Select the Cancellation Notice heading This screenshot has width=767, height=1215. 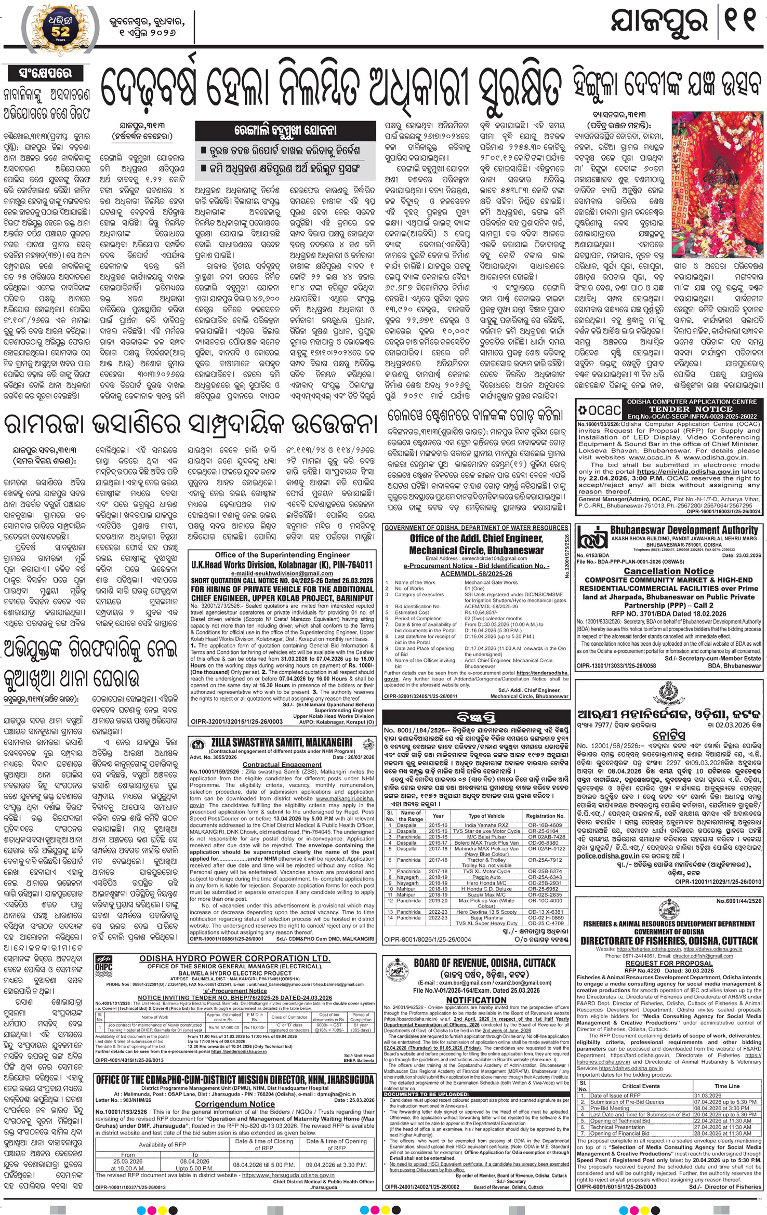(x=669, y=571)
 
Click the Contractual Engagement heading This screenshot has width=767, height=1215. (x=282, y=764)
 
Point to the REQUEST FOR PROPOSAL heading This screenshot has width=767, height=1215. (x=669, y=963)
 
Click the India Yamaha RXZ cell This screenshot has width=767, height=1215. (x=486, y=824)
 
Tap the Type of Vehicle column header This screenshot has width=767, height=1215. (x=486, y=816)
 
